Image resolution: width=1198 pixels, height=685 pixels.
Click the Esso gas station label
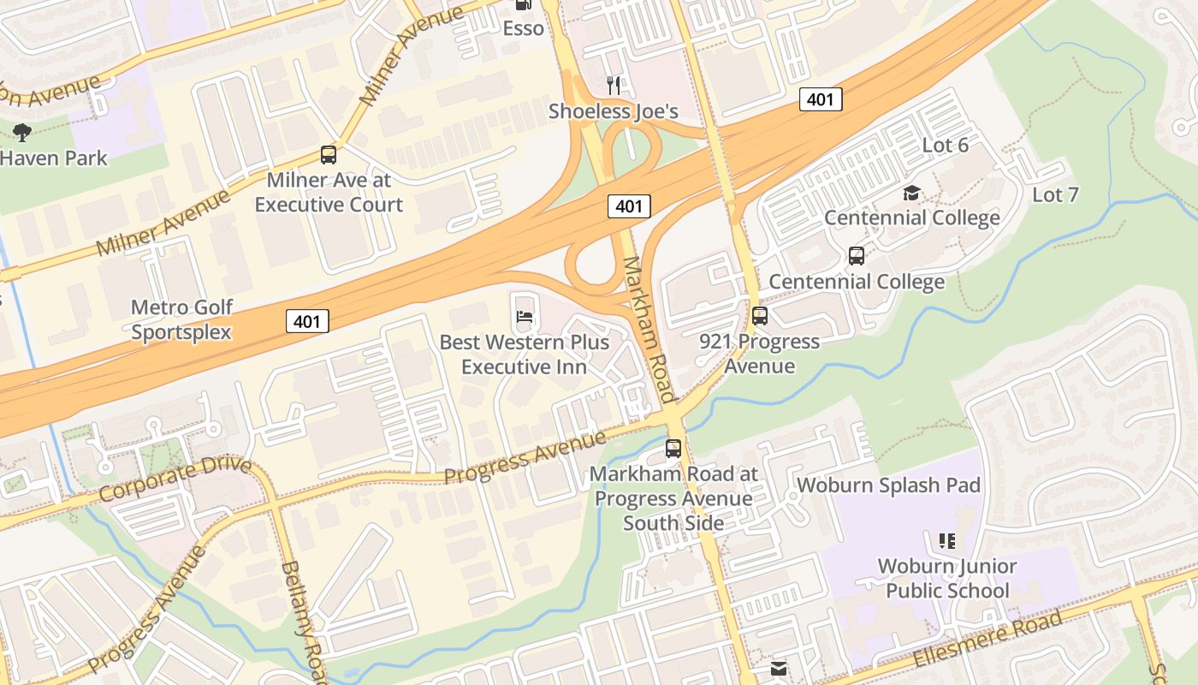523,28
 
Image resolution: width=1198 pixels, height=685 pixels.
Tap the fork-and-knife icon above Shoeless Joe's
613,85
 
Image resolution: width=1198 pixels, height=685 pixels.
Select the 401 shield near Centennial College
821,99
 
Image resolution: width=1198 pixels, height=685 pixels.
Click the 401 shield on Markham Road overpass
629,205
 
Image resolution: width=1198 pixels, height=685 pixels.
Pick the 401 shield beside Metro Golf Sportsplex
306,321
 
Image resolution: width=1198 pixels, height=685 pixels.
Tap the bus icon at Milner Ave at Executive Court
329,155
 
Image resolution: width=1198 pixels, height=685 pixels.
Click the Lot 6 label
945,146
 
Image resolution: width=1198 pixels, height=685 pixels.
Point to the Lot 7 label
1055,194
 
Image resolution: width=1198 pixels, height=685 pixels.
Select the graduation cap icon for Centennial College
911,193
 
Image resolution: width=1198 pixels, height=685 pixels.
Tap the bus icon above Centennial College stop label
856,255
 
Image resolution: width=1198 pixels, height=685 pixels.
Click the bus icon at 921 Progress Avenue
759,316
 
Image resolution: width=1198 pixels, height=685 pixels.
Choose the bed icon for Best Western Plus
525,317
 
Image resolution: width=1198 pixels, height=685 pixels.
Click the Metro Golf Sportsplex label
181,319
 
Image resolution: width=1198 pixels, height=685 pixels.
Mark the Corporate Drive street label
175,479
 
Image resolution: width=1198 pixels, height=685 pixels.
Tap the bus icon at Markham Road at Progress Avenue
673,448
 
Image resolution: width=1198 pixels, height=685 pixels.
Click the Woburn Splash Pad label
888,485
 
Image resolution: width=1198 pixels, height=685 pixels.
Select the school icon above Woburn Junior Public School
946,540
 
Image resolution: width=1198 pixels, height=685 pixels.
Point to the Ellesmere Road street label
988,639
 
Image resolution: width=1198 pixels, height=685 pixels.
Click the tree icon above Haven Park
22,132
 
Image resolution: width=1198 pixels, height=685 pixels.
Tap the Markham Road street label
649,329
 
